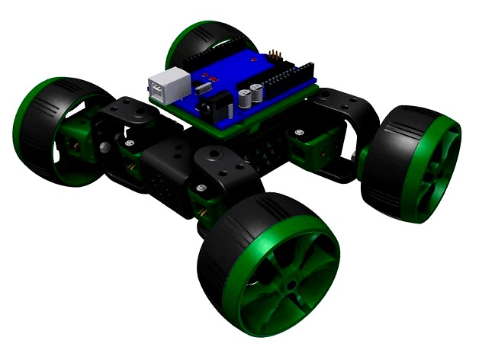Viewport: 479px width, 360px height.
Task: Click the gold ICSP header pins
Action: click(275, 56)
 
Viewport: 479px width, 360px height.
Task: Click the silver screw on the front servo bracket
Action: click(200, 188)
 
